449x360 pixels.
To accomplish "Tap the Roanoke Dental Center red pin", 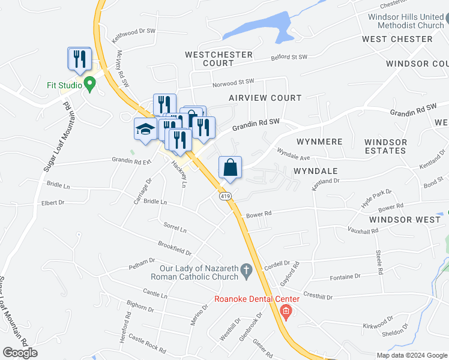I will (286, 311).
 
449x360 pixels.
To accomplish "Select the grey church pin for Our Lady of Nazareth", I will (246, 272).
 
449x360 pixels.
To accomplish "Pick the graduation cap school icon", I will (145, 130).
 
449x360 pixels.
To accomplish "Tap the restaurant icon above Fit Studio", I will (79, 59).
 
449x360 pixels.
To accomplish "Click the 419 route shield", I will (225, 197).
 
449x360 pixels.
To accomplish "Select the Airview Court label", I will (265, 98).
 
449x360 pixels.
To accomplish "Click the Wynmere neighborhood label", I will (319, 142).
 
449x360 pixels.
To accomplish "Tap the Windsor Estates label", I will (385, 146).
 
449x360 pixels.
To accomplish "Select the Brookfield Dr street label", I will (175, 248).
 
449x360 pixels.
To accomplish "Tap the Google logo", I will (20, 353).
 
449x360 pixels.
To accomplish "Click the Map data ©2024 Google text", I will (411, 355).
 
